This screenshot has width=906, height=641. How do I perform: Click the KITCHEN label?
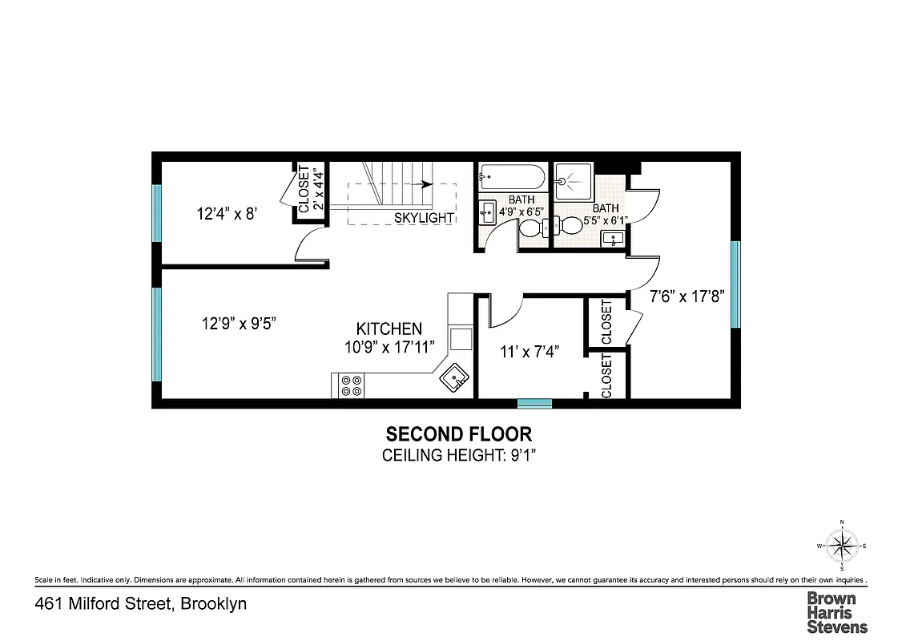tap(389, 329)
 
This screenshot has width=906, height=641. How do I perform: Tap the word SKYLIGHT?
tap(424, 218)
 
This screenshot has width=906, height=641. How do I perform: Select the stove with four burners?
tap(351, 385)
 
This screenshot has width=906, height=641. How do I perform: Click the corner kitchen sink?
tap(454, 376)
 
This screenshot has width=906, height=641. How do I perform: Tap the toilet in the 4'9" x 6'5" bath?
tap(531, 231)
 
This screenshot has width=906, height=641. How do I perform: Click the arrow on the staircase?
tap(425, 183)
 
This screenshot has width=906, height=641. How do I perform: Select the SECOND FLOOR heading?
tap(458, 434)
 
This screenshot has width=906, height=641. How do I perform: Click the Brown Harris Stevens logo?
tap(836, 612)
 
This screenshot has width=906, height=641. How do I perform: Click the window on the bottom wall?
tap(534, 403)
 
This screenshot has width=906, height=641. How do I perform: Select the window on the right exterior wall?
tap(735, 284)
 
